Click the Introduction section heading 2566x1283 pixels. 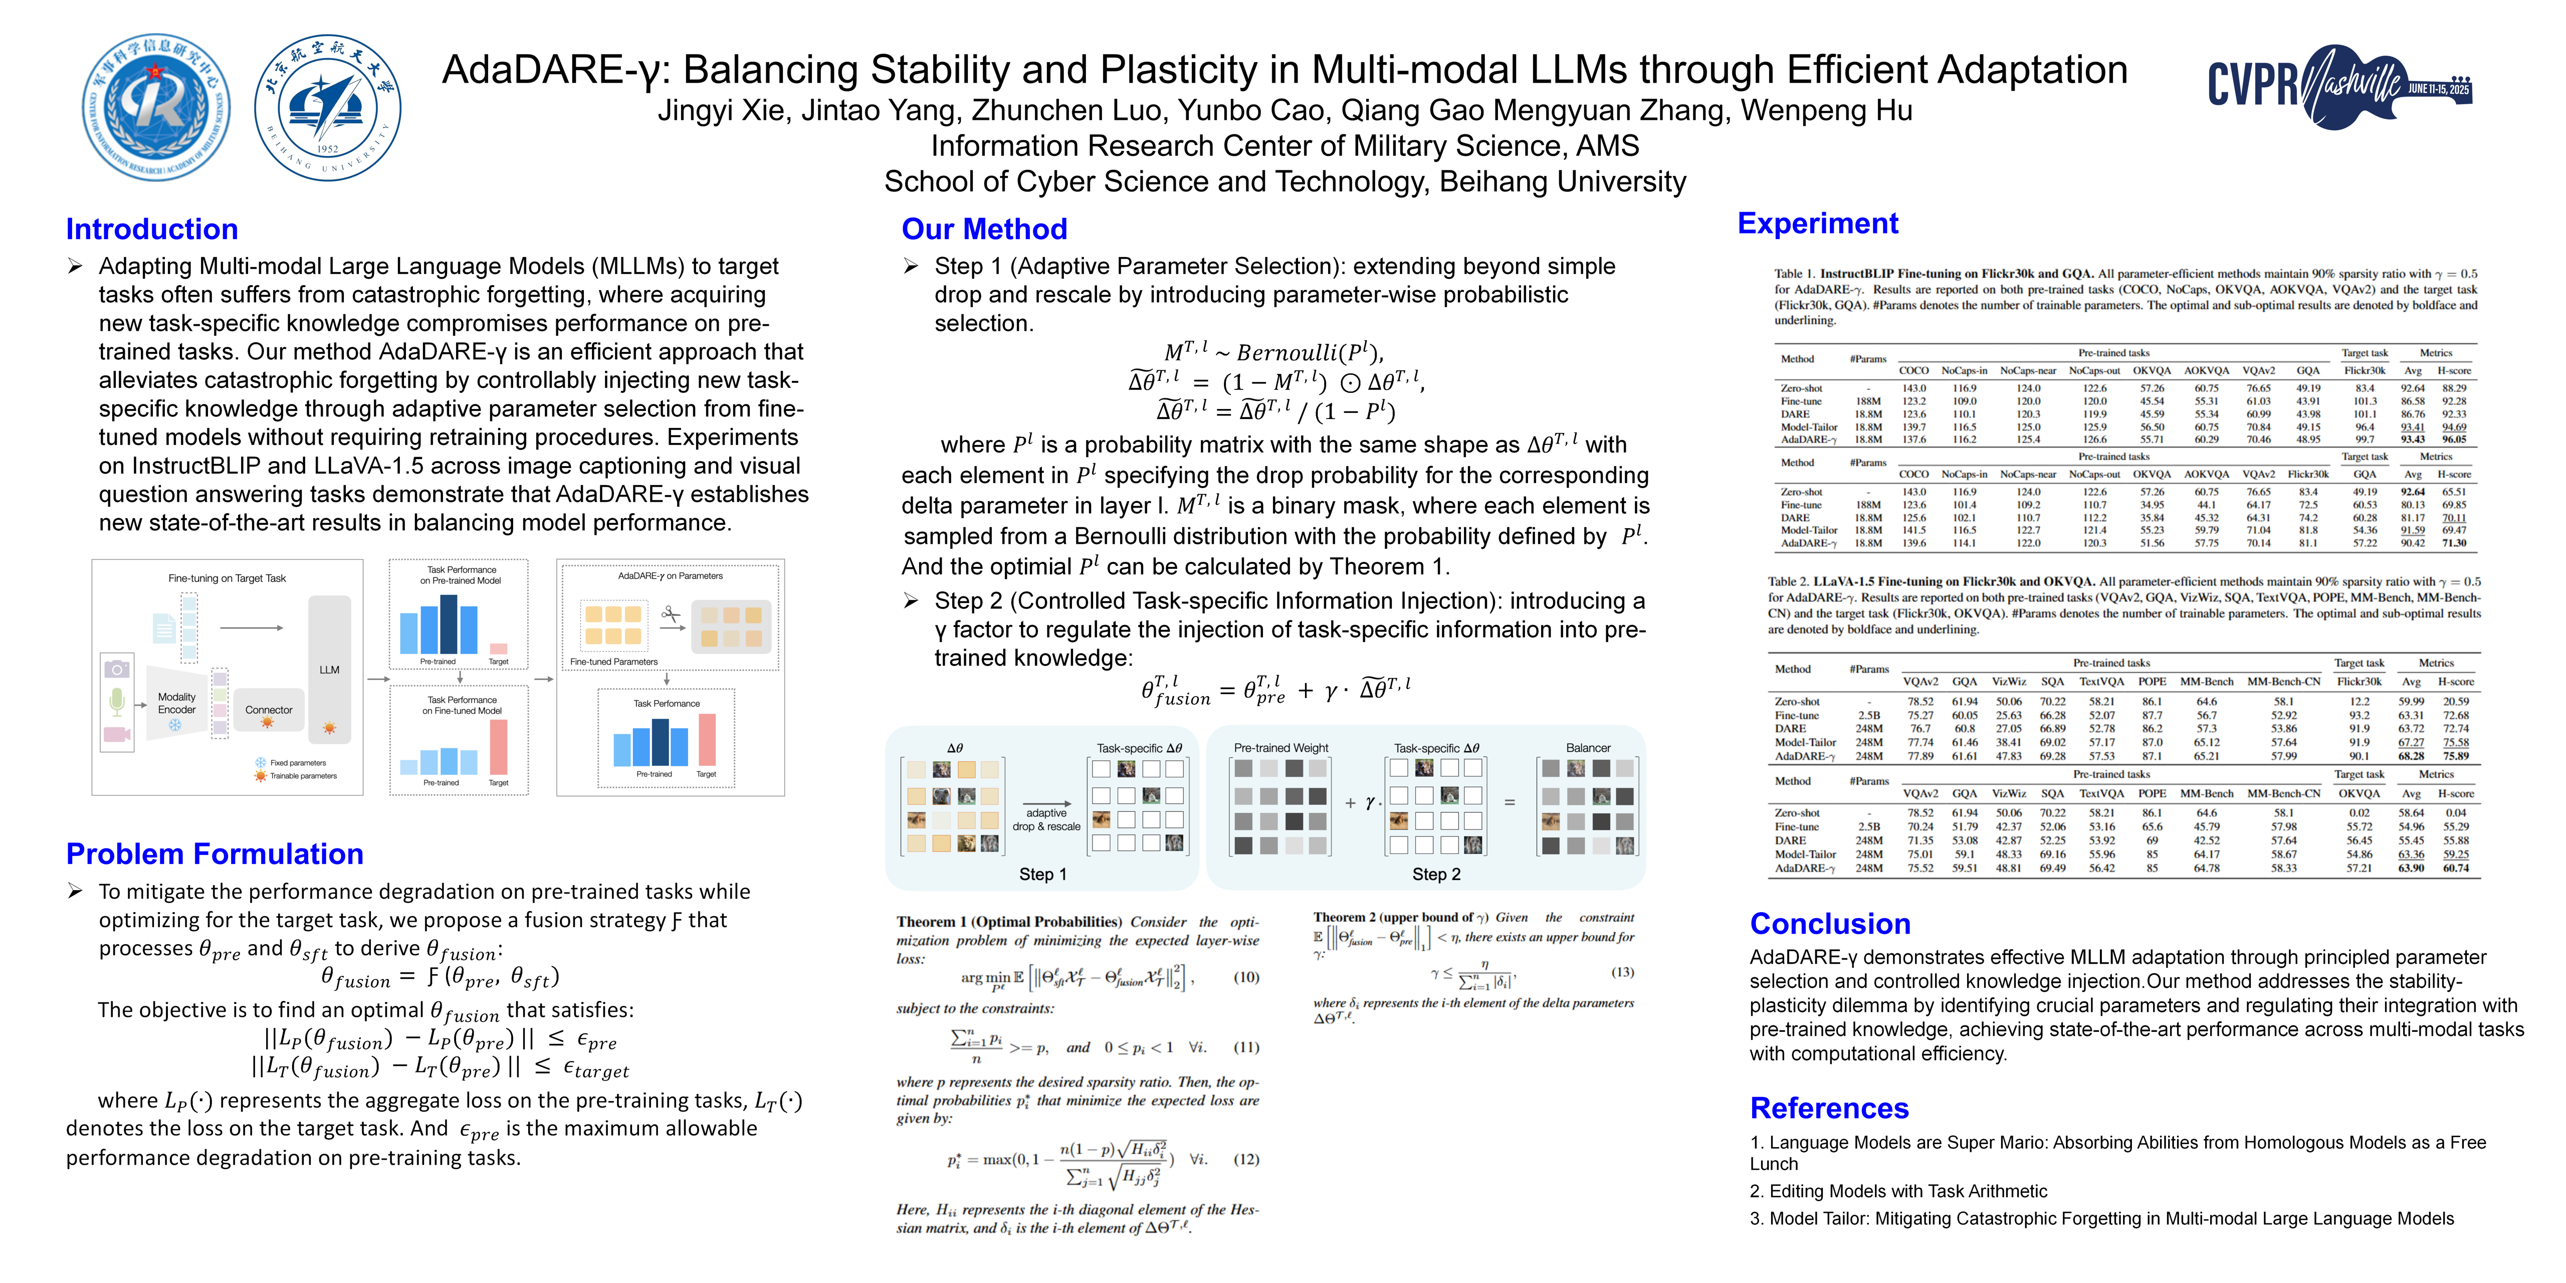pyautogui.click(x=151, y=229)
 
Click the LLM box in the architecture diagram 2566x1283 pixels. pyautogui.click(x=330, y=670)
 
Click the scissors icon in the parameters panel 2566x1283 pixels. pyautogui.click(x=671, y=615)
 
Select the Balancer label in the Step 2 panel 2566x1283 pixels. pyautogui.click(x=1588, y=748)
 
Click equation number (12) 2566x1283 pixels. pyautogui.click(x=1246, y=1160)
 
